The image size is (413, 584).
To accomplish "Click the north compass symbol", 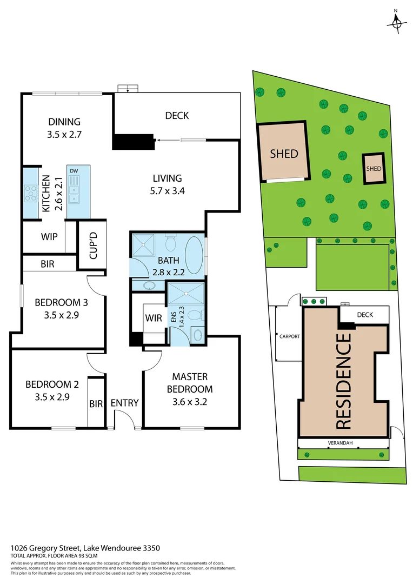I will [x=397, y=22].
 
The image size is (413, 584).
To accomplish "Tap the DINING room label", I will [x=64, y=122].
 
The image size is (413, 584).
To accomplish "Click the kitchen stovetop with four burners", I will [x=30, y=193].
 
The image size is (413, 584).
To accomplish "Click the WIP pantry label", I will [x=49, y=237].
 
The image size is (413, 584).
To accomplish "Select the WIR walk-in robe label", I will [x=154, y=318].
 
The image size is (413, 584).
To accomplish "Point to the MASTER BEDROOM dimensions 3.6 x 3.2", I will [x=189, y=402].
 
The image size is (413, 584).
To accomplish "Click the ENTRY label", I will [x=124, y=403].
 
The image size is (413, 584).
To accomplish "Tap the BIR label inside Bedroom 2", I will [x=96, y=403].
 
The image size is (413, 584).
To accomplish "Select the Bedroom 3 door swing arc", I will [x=96, y=282].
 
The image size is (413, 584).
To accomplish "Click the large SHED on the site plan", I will [x=284, y=153].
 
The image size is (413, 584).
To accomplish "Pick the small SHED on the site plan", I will [x=374, y=168].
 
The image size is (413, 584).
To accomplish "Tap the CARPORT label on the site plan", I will [x=289, y=336].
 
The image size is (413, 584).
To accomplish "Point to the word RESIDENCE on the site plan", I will [x=344, y=381].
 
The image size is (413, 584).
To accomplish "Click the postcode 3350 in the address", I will [x=151, y=548].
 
